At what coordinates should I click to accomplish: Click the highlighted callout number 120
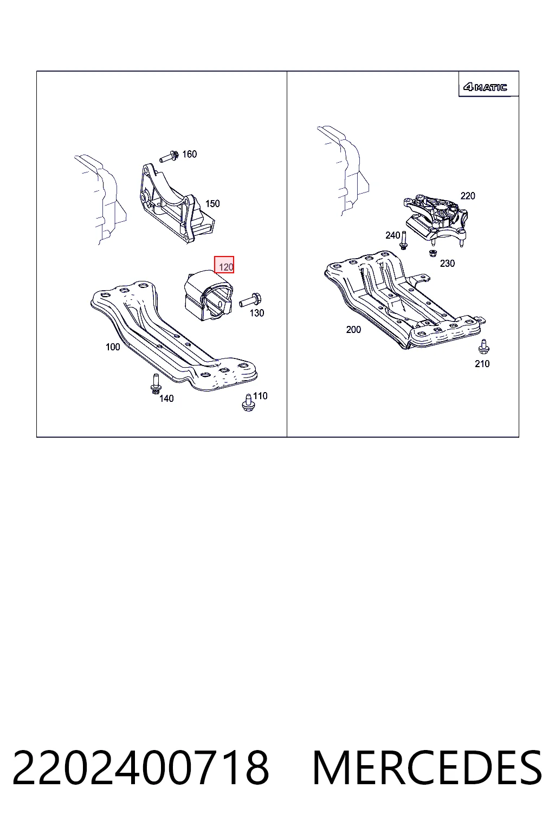pos(226,267)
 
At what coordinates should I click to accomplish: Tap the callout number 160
pos(189,154)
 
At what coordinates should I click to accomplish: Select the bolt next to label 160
pos(169,157)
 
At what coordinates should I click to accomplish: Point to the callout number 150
pos(212,203)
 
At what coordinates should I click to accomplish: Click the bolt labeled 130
pos(250,300)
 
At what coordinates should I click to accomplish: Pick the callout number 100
pos(113,347)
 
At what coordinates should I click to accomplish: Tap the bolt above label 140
pos(156,384)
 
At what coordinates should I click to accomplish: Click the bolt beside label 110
pos(248,403)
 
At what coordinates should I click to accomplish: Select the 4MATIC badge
pos(485,87)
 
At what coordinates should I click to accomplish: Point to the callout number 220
pos(468,196)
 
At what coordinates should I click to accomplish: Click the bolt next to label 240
pos(403,241)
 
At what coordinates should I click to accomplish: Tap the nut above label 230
pos(433,253)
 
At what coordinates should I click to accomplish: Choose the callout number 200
pos(353,330)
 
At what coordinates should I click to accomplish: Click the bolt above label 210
pos(483,347)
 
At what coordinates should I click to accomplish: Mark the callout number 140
pos(166,399)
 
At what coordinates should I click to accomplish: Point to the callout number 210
pos(482,364)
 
